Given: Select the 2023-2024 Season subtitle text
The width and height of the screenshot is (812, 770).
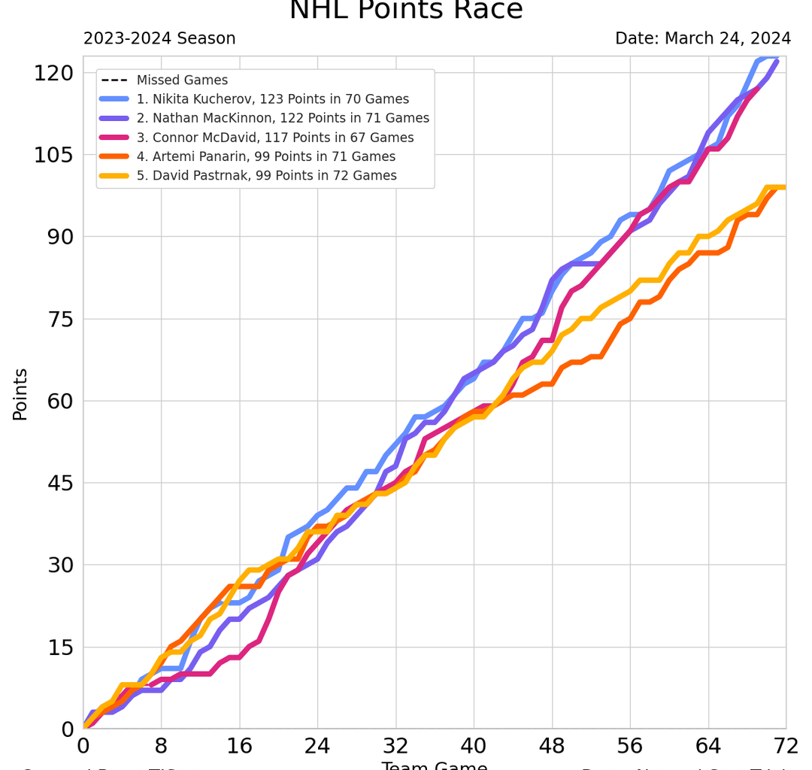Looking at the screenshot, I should point(159,39).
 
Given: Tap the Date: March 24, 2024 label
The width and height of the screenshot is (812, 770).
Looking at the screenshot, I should point(702,39).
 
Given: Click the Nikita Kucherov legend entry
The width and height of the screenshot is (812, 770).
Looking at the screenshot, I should point(272,99).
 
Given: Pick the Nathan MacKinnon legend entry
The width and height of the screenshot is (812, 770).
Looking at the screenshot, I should point(283,118).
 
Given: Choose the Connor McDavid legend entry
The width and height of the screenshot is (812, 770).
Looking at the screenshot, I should point(274,138).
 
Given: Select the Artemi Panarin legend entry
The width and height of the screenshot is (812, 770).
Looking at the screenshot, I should point(265,156).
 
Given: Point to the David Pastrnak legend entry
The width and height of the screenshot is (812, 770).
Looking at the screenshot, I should point(266,176).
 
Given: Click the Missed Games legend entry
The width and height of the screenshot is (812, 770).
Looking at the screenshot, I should point(182,80).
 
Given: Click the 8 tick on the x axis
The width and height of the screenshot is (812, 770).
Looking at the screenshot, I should point(161,746).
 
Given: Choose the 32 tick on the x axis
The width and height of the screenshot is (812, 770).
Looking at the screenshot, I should point(395,746).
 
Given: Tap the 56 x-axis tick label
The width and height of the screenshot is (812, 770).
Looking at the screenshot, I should point(630,746).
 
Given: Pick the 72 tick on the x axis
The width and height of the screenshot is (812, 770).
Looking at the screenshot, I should point(786,746).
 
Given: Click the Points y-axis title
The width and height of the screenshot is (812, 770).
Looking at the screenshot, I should point(20,393).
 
